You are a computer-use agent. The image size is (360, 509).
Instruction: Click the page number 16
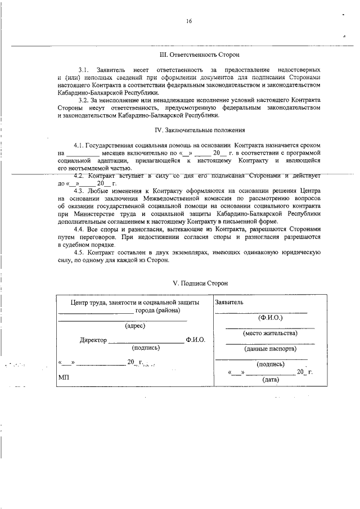click(189, 21)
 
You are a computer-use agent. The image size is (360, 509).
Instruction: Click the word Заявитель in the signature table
click(229, 302)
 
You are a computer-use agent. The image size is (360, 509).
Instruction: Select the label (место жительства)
click(270, 333)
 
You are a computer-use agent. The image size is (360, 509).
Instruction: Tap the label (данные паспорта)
click(270, 349)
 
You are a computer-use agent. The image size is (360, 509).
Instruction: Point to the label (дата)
click(270, 380)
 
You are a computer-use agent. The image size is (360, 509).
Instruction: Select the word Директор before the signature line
click(93, 340)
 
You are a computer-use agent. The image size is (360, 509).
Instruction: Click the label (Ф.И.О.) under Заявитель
click(268, 318)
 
